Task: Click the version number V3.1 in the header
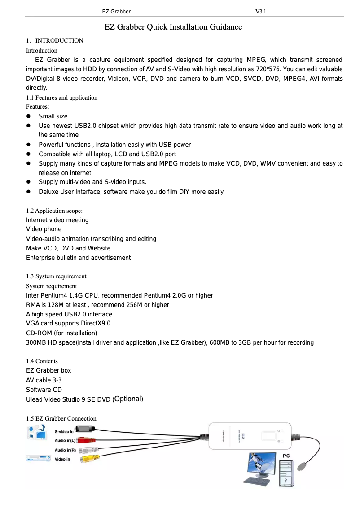[261, 11]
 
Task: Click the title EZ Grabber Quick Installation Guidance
[173, 27]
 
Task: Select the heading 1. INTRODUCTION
[55, 41]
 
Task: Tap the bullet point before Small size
[28, 117]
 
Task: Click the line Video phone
[44, 229]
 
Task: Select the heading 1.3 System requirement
[56, 276]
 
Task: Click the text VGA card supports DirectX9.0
[68, 324]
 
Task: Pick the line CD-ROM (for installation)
[61, 333]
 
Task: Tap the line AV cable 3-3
[44, 380]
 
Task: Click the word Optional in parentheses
[128, 399]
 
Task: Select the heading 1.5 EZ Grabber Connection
[61, 419]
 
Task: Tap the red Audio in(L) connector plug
[86, 441]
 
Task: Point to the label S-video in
[64, 432]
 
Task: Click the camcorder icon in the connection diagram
[37, 433]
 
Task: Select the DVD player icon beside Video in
[38, 458]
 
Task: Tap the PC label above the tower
[286, 456]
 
